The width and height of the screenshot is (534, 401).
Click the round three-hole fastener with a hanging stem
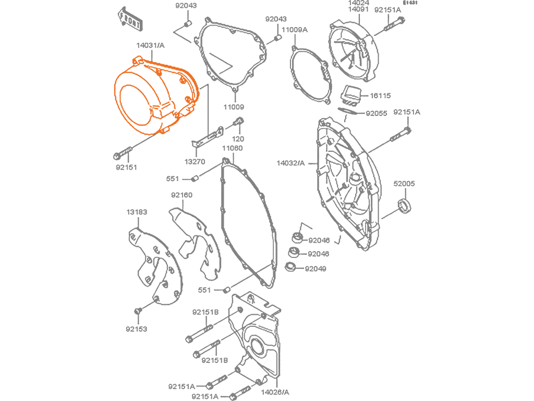point(183,80)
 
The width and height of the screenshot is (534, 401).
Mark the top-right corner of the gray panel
point(419,1)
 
